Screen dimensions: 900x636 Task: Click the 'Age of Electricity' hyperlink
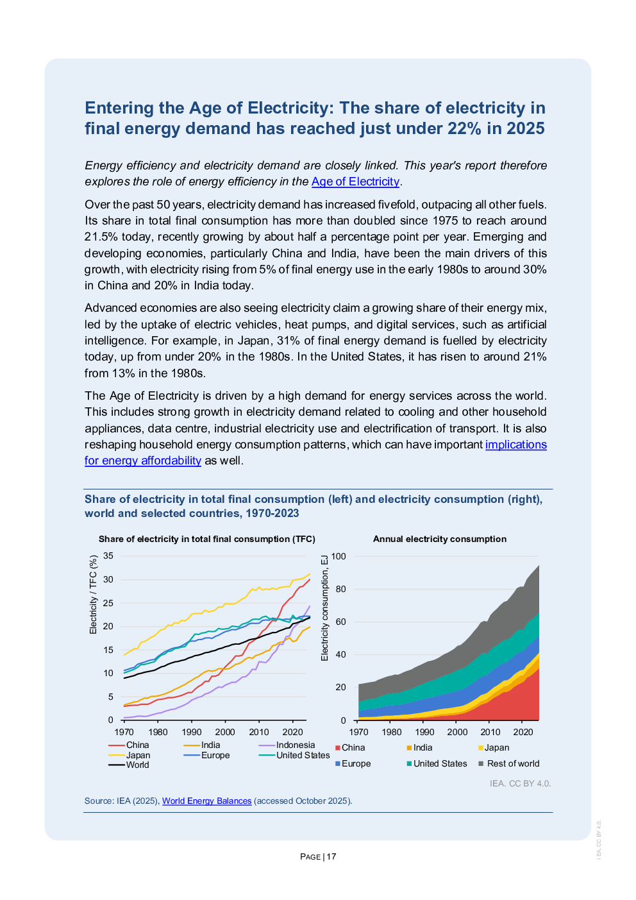point(355,182)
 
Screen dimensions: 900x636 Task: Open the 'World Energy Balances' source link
point(206,801)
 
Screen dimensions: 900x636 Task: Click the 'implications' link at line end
point(515,445)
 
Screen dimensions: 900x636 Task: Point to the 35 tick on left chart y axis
point(108,556)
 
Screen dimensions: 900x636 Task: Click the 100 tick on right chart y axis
point(339,556)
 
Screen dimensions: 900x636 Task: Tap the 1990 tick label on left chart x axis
point(192,732)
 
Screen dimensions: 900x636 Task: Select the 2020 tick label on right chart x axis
point(523,732)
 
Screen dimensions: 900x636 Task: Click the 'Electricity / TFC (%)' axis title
point(94,595)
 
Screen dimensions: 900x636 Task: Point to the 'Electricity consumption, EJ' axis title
point(324,608)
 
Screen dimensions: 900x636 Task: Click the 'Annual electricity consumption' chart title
point(440,539)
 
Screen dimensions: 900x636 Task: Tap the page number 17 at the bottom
point(331,856)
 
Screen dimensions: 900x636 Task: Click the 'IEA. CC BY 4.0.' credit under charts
point(520,783)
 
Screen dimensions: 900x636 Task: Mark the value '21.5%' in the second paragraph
point(99,237)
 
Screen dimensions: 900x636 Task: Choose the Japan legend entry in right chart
point(496,747)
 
